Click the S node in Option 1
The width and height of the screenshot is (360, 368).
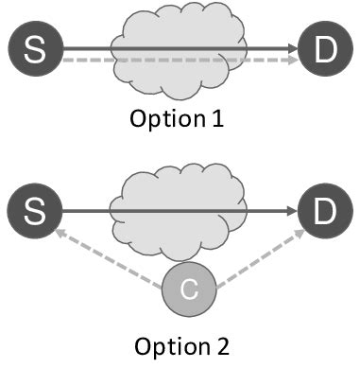click(x=34, y=50)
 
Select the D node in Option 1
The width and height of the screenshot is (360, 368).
click(x=324, y=50)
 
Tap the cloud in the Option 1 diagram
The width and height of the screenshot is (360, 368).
click(x=180, y=28)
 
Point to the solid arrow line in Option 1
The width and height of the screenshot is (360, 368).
click(x=85, y=44)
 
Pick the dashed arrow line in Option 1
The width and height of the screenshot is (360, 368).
click(x=85, y=60)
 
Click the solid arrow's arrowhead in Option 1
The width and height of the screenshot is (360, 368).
click(x=292, y=44)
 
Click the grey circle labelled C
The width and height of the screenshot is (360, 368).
click(x=189, y=290)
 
